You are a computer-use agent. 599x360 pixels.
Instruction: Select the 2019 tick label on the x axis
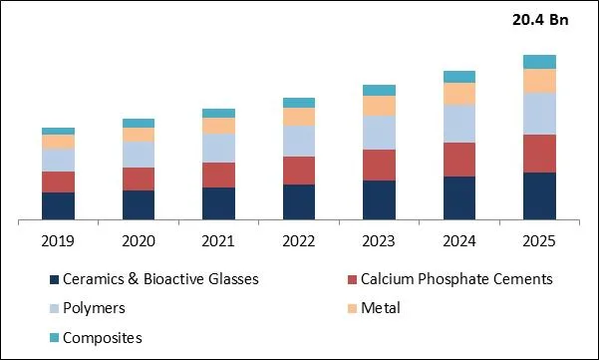[58, 241]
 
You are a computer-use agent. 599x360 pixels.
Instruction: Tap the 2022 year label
[298, 241]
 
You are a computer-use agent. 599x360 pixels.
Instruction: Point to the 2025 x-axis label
[539, 241]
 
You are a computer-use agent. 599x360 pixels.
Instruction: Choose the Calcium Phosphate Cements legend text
[455, 279]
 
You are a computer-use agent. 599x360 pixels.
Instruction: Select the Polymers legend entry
[93, 308]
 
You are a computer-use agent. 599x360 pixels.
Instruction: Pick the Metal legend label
[380, 308]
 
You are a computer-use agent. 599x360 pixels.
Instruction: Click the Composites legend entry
[102, 337]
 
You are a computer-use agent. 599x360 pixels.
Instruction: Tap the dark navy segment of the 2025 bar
[539, 195]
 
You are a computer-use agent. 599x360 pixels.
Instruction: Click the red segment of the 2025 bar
[539, 154]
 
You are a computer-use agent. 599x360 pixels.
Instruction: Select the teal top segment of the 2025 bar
[539, 62]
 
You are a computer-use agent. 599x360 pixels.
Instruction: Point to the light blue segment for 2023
[379, 132]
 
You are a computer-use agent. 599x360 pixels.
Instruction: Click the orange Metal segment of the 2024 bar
[458, 94]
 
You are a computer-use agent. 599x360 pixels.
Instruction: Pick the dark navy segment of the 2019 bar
[58, 205]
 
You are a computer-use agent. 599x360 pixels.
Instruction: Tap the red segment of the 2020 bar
[139, 179]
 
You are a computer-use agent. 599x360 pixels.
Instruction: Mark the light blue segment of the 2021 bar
[218, 148]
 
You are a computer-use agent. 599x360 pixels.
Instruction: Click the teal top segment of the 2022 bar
[298, 103]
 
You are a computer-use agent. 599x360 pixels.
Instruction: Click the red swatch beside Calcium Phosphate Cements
[352, 280]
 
